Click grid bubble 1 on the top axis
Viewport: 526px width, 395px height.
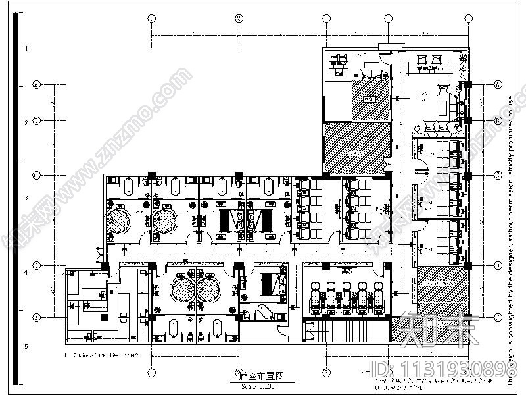pyautogui.click(x=151, y=18)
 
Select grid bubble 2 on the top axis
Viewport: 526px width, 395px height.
pyautogui.click(x=239, y=18)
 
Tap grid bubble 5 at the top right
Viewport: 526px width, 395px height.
pyautogui.click(x=469, y=18)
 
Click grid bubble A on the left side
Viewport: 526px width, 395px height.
pyautogui.click(x=37, y=85)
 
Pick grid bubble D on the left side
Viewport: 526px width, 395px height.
pyautogui.click(x=37, y=265)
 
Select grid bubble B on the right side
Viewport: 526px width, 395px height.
pyautogui.click(x=498, y=121)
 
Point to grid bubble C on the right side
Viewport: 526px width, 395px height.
pyautogui.click(x=498, y=176)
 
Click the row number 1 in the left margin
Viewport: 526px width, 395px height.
pyautogui.click(x=26, y=49)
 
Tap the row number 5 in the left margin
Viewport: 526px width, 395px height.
pyautogui.click(x=26, y=347)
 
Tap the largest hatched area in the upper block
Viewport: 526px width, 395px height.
pyautogui.click(x=355, y=149)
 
